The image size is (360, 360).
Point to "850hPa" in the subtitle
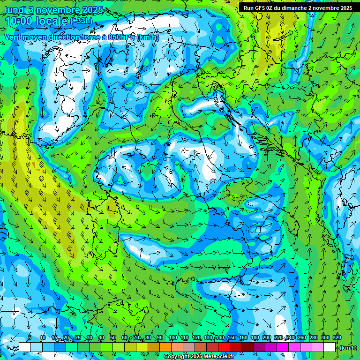pyautogui.click(x=120, y=37)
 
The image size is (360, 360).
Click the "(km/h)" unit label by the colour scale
pyautogui.click(x=348, y=347)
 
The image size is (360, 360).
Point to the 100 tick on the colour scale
pyautogui.click(x=173, y=338)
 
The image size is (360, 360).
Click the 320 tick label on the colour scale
pyautogui.click(x=337, y=338)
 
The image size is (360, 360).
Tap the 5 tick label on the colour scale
pyautogui.click(x=30, y=338)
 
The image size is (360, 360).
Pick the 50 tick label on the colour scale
pyautogui.click(x=113, y=338)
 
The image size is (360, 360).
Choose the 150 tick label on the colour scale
pyautogui.click(x=232, y=338)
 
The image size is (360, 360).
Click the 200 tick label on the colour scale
pyautogui.click(x=267, y=338)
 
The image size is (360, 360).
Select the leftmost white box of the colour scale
pyautogui.click(x=24, y=347)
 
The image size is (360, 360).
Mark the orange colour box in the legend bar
pyautogui.click(x=165, y=347)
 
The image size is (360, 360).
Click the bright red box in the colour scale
pyautogui.click(x=224, y=347)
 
